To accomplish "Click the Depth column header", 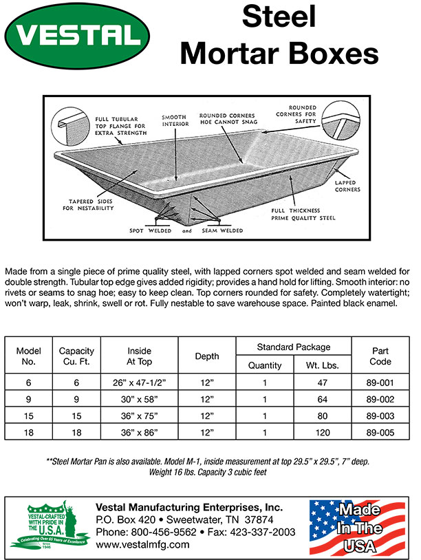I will pos(207,356).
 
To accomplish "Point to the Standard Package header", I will pos(294,347).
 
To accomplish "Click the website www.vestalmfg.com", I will pos(142,544).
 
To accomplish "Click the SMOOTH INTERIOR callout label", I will pos(175,122).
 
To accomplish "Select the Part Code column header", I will pos(380,356).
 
